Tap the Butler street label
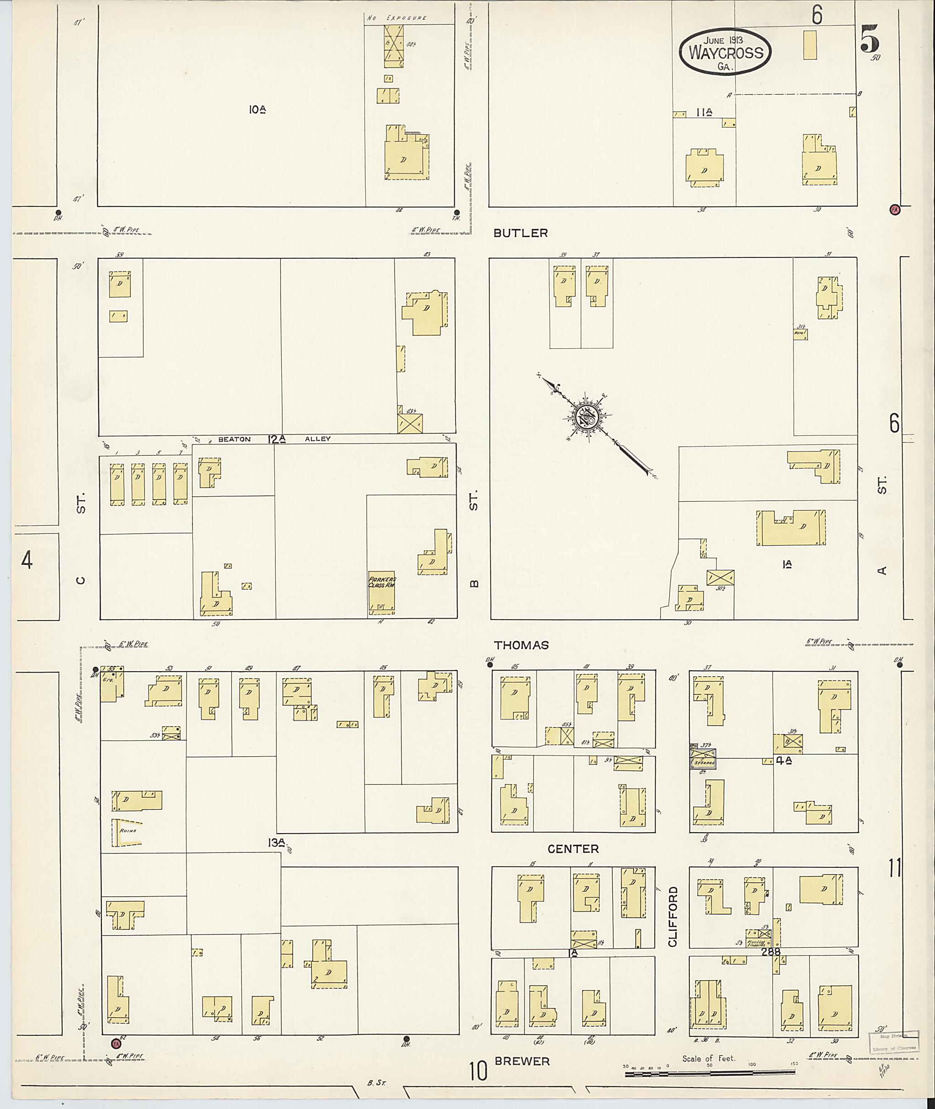[x=520, y=233]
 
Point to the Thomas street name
[x=521, y=645]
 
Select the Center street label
[x=573, y=849]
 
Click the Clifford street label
[x=672, y=917]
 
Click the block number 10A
[x=257, y=110]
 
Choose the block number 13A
[x=277, y=842]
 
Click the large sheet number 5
[x=870, y=39]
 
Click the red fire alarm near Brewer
[x=116, y=1043]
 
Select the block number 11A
[x=704, y=112]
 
